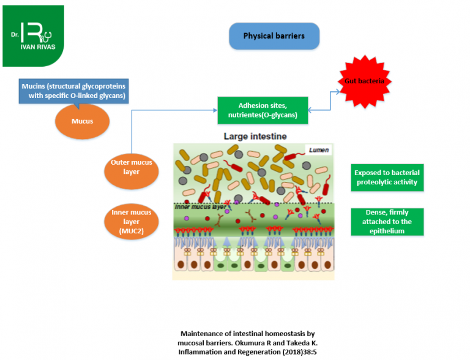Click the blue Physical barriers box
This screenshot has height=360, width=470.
click(x=274, y=36)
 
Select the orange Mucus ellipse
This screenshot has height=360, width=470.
click(x=82, y=121)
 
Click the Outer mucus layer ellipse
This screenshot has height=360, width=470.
click(x=131, y=168)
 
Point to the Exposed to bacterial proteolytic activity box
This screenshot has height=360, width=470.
click(x=386, y=177)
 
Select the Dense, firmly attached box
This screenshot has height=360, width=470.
click(x=386, y=222)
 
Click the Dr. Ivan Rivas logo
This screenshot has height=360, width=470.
click(x=33, y=36)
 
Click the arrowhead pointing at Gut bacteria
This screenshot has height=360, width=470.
click(x=339, y=92)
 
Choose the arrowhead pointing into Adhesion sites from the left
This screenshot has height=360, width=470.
click(x=215, y=111)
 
